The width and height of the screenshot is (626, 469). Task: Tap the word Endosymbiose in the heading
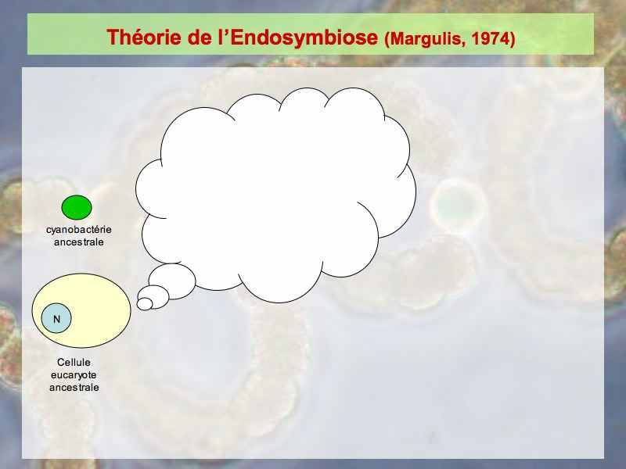[304, 38]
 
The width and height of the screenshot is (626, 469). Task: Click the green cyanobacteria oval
[77, 207]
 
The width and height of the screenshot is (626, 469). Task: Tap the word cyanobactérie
[79, 230]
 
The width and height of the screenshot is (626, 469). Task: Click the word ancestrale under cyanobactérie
[79, 242]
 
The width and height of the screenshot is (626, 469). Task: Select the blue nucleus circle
[56, 318]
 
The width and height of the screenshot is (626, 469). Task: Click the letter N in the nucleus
[56, 319]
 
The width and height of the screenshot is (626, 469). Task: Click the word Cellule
[74, 362]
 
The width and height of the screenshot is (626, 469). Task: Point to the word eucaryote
[74, 375]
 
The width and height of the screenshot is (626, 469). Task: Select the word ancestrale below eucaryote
[74, 387]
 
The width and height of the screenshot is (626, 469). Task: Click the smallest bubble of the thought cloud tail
[145, 304]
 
